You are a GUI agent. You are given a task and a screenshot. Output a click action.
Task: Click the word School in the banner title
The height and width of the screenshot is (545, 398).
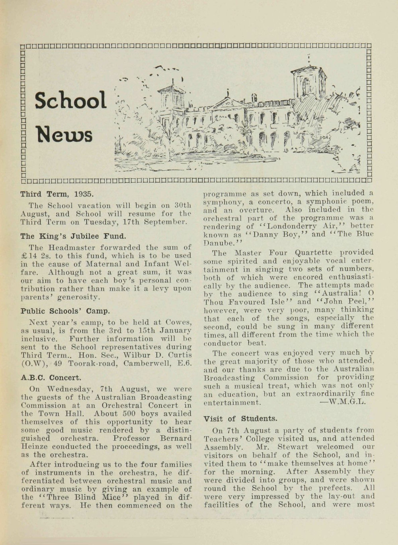pyautogui.click(x=70, y=100)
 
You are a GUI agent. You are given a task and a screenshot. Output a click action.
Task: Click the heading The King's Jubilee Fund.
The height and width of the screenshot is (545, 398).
pyautogui.click(x=73, y=236)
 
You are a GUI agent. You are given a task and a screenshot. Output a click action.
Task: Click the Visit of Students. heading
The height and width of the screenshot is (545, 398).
pyautogui.click(x=240, y=419)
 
